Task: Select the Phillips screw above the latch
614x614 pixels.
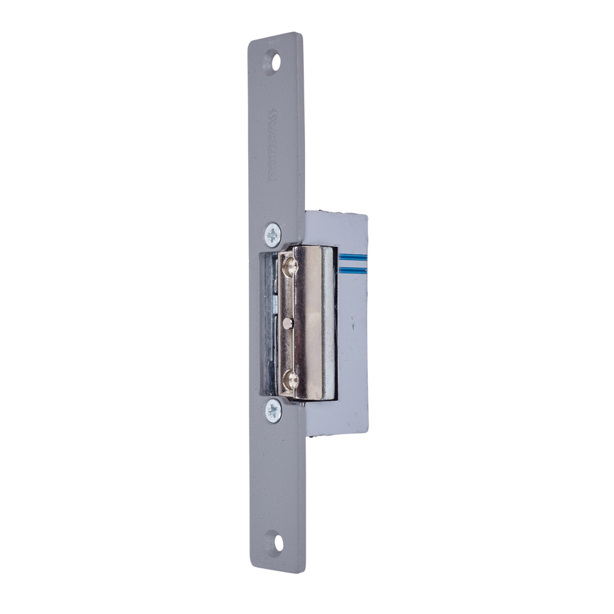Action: pyautogui.click(x=273, y=233)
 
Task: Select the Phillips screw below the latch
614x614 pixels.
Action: pyautogui.click(x=273, y=410)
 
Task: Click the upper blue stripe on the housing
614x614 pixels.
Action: pyautogui.click(x=352, y=257)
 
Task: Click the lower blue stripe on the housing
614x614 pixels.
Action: pyautogui.click(x=352, y=268)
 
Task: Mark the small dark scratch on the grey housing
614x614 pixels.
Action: pyautogui.click(x=354, y=328)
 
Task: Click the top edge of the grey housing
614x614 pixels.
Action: pyautogui.click(x=336, y=214)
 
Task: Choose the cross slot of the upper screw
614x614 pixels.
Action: pyautogui.click(x=273, y=233)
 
